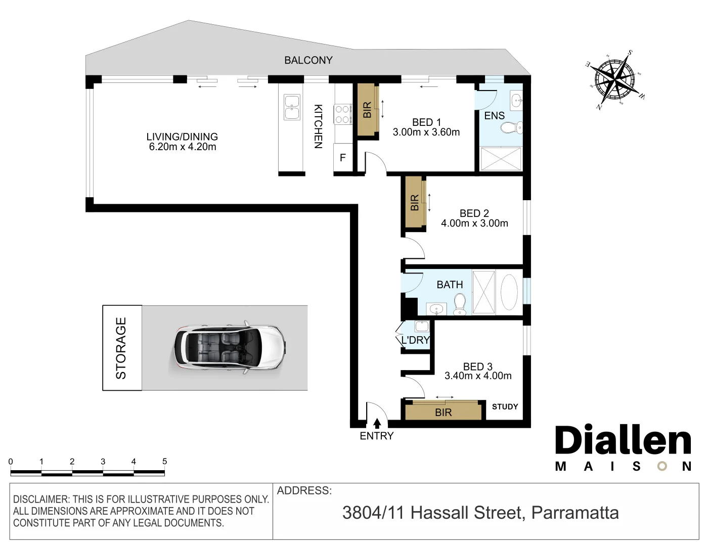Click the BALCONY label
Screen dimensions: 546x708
308,60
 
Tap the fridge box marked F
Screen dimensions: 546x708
342,158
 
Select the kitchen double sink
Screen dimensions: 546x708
292,107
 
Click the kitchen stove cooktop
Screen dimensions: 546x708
342,114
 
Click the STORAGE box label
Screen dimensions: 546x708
121,348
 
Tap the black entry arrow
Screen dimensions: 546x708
377,424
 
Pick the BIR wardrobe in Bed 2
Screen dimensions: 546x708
414,203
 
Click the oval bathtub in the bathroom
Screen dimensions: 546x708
509,292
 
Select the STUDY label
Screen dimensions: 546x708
505,406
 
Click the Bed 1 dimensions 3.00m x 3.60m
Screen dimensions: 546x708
426,132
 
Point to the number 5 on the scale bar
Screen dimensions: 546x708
164,461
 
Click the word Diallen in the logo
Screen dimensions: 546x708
623,441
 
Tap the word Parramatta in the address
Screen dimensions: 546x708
575,513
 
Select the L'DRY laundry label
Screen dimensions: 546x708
415,340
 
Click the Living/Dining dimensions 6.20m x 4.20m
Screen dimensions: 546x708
182,147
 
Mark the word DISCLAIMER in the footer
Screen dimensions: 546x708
40,499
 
